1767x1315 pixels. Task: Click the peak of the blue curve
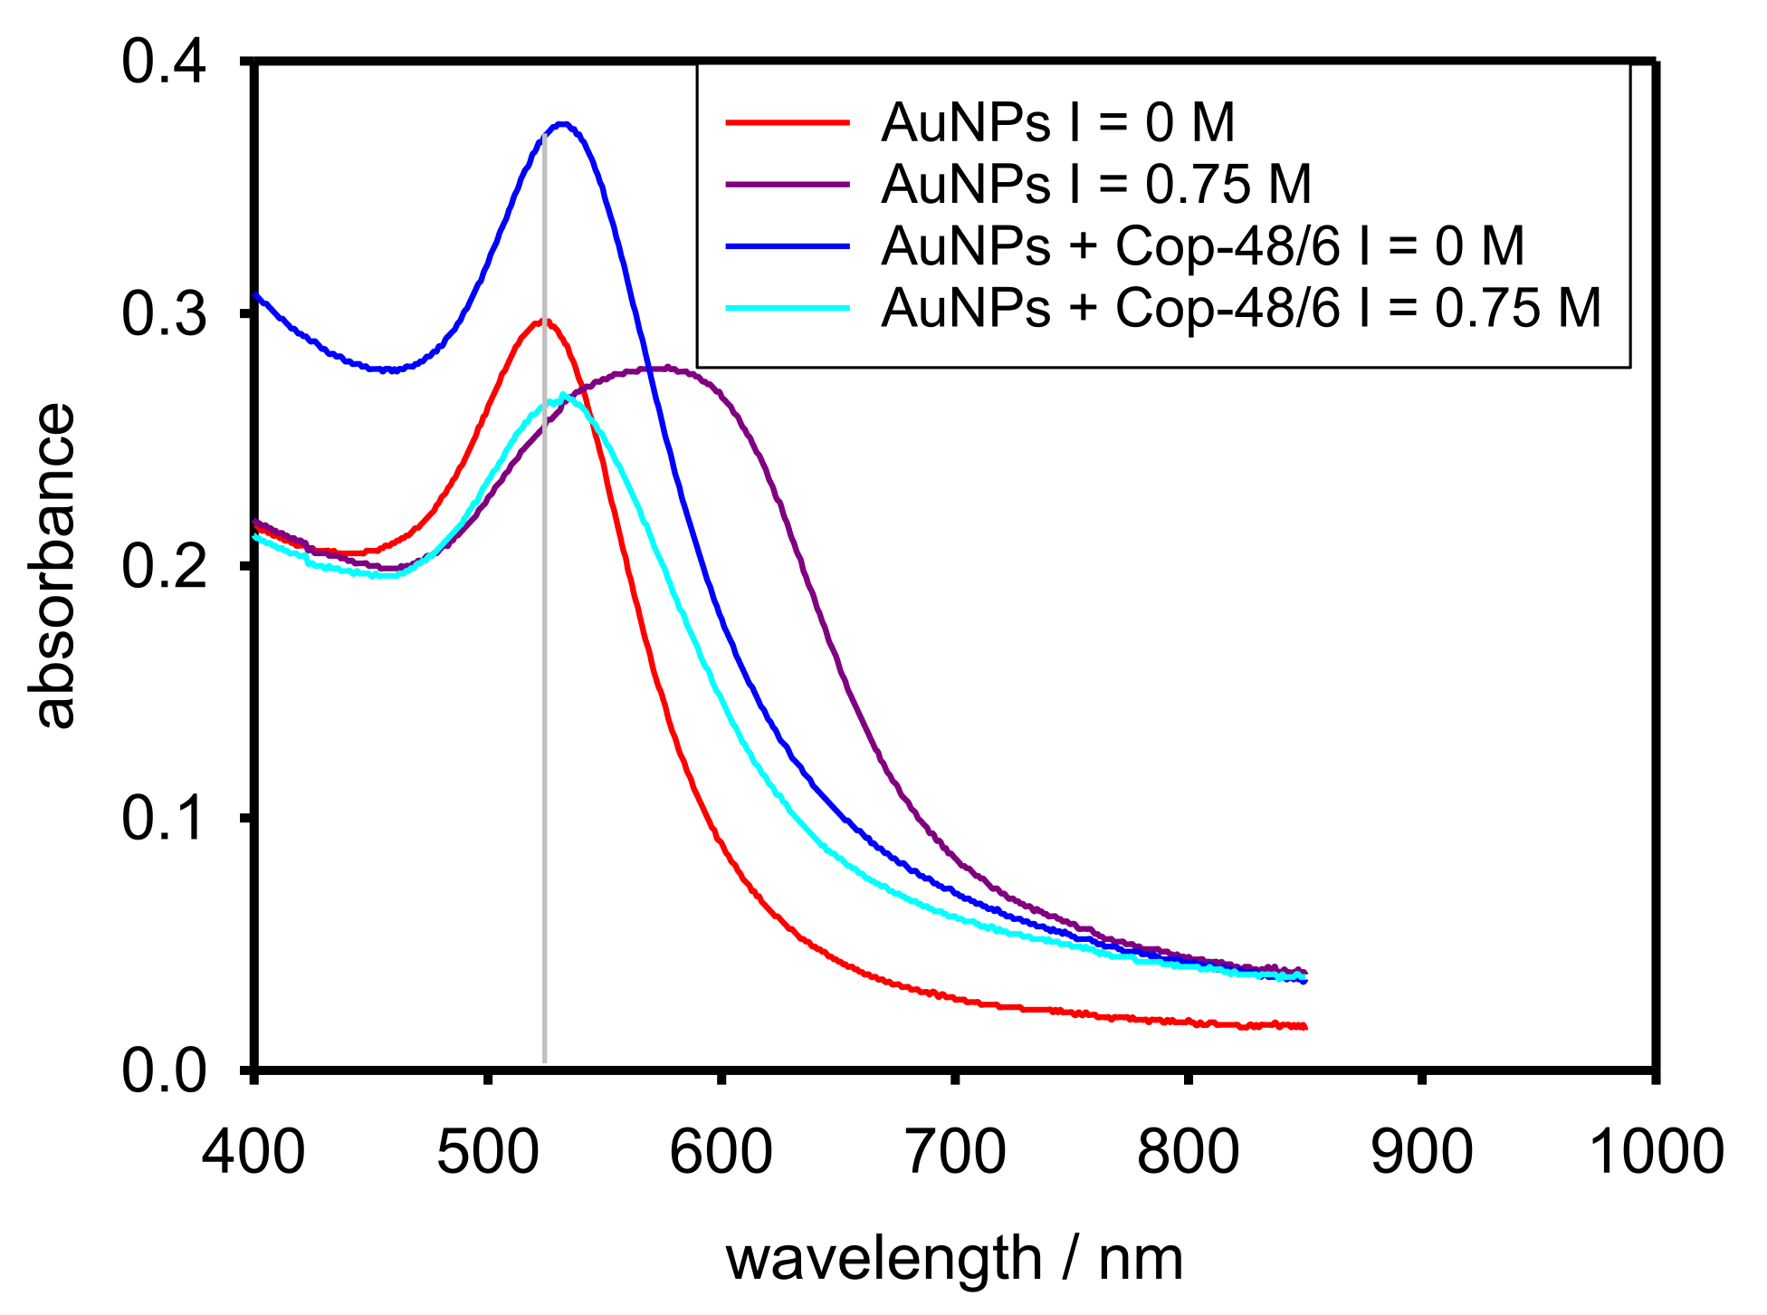coord(563,123)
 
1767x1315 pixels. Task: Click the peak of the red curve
coord(543,321)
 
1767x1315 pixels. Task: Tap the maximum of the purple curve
coord(667,368)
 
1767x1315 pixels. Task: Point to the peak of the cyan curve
coord(564,395)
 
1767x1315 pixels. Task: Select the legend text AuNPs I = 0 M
coord(1057,123)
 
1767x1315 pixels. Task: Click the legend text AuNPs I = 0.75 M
coord(1095,185)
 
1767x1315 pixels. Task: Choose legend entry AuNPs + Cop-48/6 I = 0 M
coord(1202,246)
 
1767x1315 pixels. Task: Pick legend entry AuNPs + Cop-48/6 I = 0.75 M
coord(1240,308)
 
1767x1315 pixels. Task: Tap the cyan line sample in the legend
coord(788,308)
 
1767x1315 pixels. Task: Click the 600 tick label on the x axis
coord(721,1154)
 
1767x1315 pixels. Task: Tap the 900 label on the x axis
coord(1421,1154)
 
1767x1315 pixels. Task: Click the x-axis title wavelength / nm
coord(954,1259)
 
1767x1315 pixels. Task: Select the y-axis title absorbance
coord(53,566)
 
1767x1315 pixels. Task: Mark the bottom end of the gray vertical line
coord(544,1061)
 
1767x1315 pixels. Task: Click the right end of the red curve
coord(1305,1027)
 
